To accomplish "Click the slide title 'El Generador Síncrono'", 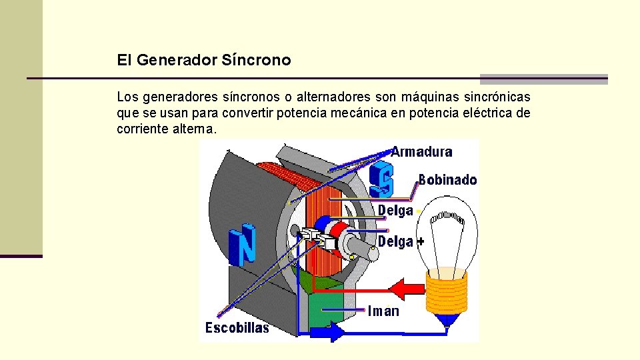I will (204, 60).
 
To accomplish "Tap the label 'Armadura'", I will (421, 151).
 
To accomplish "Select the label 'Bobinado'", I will (447, 180).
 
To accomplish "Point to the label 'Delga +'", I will (401, 241).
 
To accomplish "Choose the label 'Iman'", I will (384, 311).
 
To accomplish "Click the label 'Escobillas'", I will (237, 327).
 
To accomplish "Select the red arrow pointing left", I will (406, 289).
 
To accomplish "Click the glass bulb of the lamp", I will (448, 230).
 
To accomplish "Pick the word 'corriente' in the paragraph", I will (143, 129).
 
